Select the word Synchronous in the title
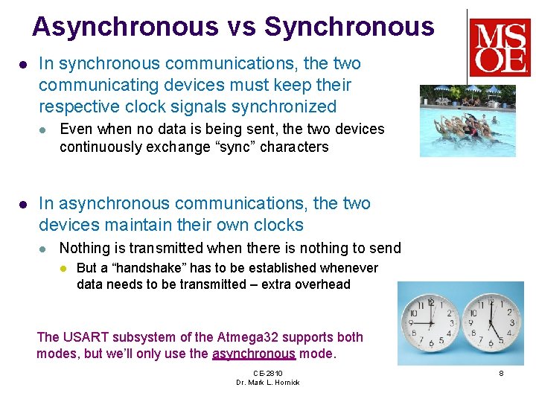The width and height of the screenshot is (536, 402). point(348,27)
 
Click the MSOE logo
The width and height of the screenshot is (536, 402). point(500,48)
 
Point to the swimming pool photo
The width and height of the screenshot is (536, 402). point(468,120)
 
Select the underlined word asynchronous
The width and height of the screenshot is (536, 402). point(254,354)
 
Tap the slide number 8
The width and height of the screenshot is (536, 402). point(501,373)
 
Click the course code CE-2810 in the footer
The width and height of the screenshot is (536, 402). point(267,373)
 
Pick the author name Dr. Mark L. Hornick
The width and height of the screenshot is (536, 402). point(267,383)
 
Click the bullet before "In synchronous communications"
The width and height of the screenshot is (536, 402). point(22,65)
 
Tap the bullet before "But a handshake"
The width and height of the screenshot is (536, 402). point(64,268)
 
